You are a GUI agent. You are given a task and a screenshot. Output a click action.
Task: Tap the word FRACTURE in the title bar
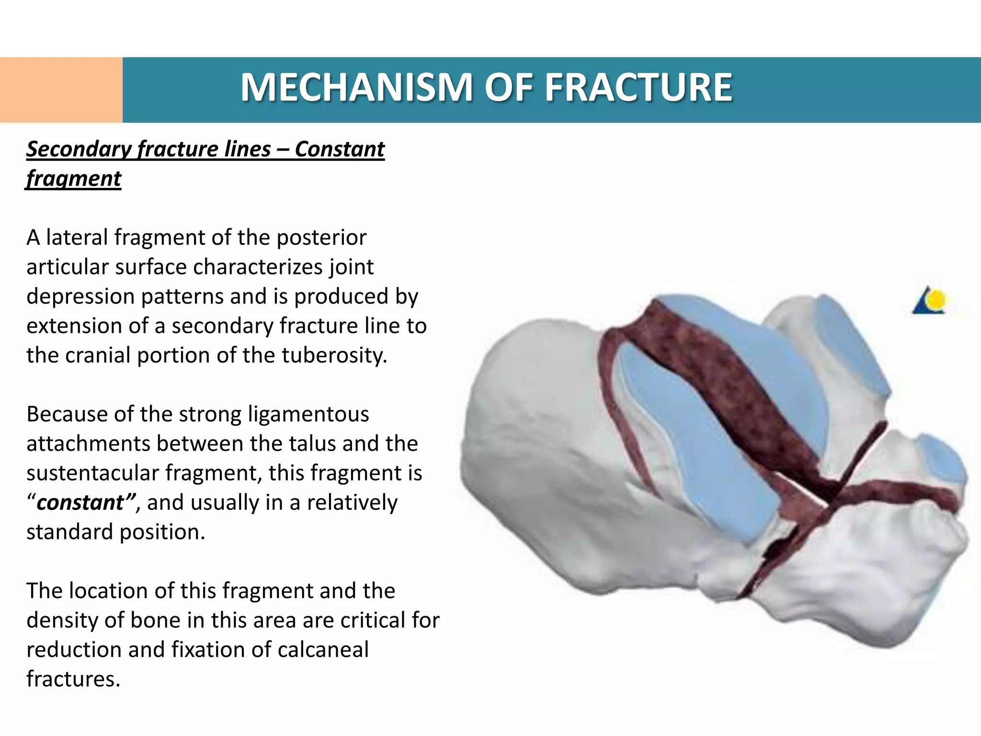pos(639,88)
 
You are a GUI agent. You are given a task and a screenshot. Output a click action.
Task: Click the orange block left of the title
pos(61,90)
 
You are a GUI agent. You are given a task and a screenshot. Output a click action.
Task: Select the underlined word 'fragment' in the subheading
pos(74,179)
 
